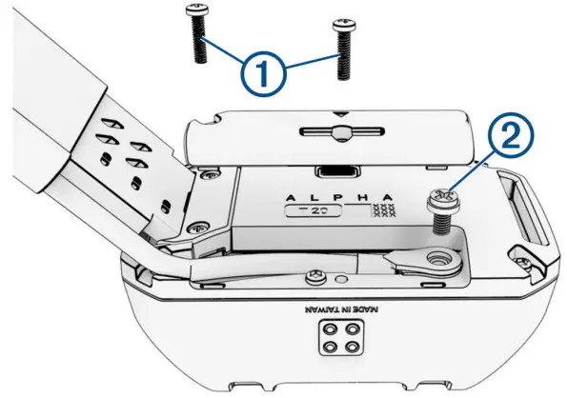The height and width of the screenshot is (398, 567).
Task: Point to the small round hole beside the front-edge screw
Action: (x=338, y=279)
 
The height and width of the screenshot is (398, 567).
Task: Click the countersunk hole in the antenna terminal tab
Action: (x=440, y=258)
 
